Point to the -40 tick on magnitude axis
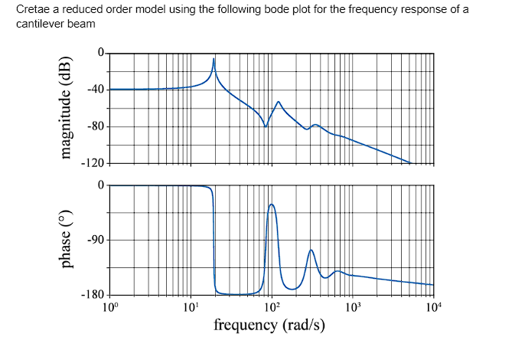click(x=95, y=90)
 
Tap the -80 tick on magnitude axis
click(x=95, y=126)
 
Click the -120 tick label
click(x=93, y=163)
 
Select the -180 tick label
click(x=93, y=296)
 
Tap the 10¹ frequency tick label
click(x=191, y=308)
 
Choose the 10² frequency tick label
click(x=272, y=308)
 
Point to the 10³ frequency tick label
click(x=352, y=308)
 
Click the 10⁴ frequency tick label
click(x=432, y=308)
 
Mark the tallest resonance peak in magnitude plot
click(x=214, y=59)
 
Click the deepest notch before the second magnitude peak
click(x=266, y=126)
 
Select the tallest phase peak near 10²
click(x=271, y=205)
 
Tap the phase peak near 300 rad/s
click(x=311, y=250)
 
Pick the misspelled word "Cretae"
click(x=31, y=9)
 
